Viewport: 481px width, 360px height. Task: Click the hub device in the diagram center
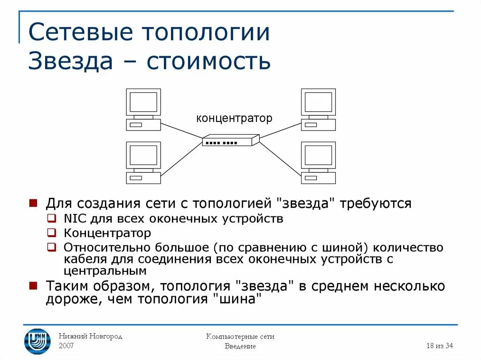coord(231,140)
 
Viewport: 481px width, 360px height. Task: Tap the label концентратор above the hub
coord(234,118)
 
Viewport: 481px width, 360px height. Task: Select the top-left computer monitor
coord(143,101)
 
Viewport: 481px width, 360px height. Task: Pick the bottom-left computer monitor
coord(143,155)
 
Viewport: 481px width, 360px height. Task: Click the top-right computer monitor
coord(318,101)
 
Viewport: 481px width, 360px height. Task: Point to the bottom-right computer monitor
coord(318,155)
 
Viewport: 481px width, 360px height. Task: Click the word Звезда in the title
coord(70,61)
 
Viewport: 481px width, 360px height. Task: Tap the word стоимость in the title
coord(209,61)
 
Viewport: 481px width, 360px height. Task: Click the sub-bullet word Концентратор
coord(108,233)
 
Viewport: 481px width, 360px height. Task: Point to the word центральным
coord(105,271)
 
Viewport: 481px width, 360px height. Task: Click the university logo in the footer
coord(38,341)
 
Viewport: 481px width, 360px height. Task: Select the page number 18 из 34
coord(439,346)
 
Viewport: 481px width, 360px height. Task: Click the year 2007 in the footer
coord(66,346)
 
